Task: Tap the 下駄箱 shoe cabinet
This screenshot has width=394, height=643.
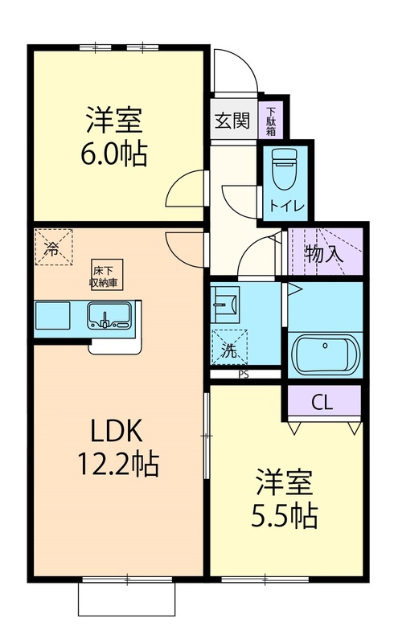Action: point(271,120)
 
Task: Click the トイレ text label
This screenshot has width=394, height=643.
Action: point(287,206)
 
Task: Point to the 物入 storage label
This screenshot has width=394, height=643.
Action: point(324,254)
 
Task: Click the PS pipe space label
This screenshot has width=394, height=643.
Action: point(243,374)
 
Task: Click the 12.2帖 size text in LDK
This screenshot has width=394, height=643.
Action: point(117,463)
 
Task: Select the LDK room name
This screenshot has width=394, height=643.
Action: point(117,432)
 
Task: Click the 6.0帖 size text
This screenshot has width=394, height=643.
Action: point(115,152)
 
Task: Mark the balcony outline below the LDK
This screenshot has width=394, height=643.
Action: point(126,598)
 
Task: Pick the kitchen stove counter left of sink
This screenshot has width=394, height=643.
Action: point(55,316)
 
